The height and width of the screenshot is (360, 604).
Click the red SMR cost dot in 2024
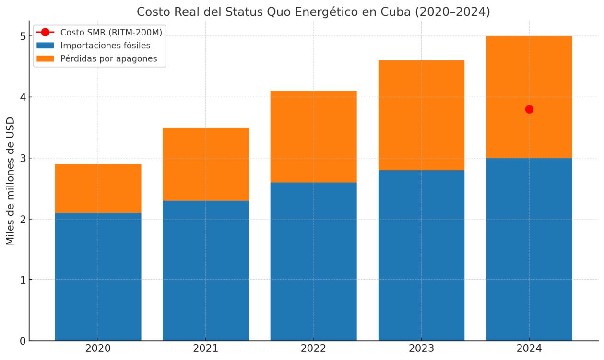click(529, 109)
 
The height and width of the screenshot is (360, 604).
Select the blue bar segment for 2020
click(98, 277)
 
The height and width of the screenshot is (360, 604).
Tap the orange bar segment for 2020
click(98, 188)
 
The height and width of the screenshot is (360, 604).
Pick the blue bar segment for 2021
click(206, 270)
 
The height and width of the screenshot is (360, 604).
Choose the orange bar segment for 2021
click(206, 164)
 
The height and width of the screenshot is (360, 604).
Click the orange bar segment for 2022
click(313, 137)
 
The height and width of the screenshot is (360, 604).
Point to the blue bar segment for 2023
click(421, 255)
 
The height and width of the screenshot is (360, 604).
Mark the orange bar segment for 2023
click(421, 115)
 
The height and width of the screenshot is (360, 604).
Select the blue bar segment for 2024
click(529, 249)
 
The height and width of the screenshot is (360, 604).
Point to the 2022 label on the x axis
click(313, 348)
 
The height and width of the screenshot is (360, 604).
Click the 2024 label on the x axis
click(529, 348)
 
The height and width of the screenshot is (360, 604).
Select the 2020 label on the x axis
click(98, 348)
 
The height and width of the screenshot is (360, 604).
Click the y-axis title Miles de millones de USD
click(11, 181)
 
